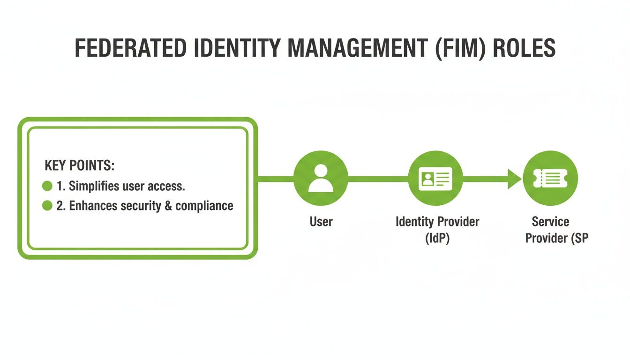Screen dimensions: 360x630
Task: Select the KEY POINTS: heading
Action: [79, 165]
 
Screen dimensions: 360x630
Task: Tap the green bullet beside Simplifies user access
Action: [47, 186]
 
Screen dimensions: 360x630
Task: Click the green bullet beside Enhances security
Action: [47, 206]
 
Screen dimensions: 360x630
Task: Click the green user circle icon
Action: [321, 178]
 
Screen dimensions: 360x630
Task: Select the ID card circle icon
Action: [436, 178]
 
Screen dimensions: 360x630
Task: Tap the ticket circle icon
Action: [550, 178]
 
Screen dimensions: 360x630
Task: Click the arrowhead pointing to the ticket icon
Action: [514, 178]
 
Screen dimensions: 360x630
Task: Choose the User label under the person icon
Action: [321, 221]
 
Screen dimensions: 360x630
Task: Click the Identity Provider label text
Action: [437, 221]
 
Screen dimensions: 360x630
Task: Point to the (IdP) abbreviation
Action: [437, 238]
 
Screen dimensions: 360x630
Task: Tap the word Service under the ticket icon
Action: [550, 221]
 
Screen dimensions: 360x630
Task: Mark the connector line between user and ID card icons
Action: [378, 178]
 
